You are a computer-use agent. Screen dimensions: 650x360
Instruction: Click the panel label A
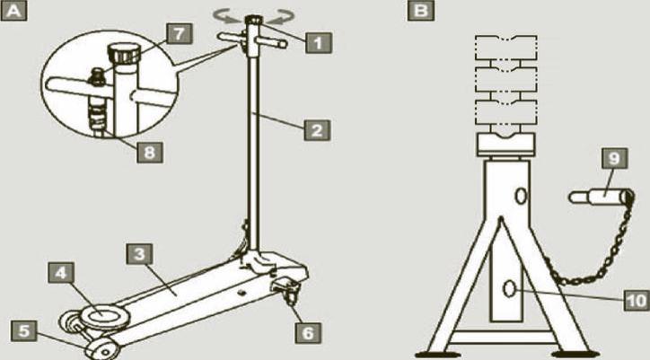(13, 11)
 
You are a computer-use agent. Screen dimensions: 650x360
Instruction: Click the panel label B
(421, 11)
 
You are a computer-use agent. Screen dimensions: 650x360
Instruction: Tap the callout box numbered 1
(319, 43)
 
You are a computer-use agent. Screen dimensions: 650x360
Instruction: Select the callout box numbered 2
(317, 130)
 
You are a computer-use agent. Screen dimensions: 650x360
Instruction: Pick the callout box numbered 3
(139, 254)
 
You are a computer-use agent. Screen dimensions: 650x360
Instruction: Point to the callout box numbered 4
(61, 273)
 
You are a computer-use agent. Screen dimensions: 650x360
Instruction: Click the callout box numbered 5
(24, 331)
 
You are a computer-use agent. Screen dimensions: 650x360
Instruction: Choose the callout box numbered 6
(308, 333)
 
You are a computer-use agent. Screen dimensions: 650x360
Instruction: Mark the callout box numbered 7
(179, 33)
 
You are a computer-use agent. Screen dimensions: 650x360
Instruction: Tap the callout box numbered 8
(149, 153)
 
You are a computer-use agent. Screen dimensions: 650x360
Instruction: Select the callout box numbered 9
(614, 158)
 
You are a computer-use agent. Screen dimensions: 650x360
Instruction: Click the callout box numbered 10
(637, 300)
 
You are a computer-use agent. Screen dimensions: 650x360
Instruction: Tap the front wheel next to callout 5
(102, 349)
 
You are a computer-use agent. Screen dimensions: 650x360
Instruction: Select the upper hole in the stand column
(521, 196)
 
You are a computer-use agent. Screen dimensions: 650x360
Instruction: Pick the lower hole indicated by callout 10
(509, 289)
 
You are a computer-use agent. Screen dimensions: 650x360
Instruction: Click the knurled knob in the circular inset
(124, 54)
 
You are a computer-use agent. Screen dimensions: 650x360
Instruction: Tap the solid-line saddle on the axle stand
(505, 145)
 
